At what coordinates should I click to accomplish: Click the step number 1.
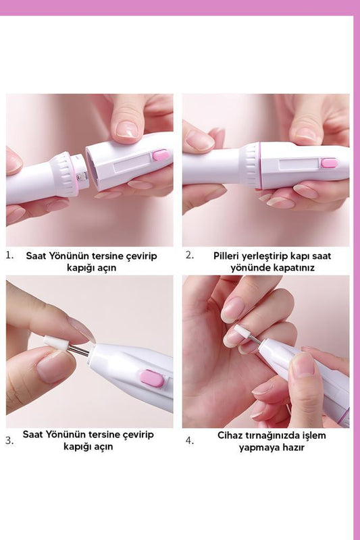(9, 255)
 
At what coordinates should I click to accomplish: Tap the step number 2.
(190, 255)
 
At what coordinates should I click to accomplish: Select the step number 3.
(9, 441)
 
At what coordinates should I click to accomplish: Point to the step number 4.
(190, 441)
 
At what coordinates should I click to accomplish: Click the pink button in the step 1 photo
(161, 155)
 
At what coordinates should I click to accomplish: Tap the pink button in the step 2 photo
(329, 163)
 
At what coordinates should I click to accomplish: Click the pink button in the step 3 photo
(152, 378)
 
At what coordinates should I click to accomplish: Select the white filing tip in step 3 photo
(55, 344)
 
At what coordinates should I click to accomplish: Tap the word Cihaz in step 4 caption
(229, 435)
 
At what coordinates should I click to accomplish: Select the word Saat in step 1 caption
(36, 256)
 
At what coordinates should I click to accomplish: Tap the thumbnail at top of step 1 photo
(127, 130)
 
